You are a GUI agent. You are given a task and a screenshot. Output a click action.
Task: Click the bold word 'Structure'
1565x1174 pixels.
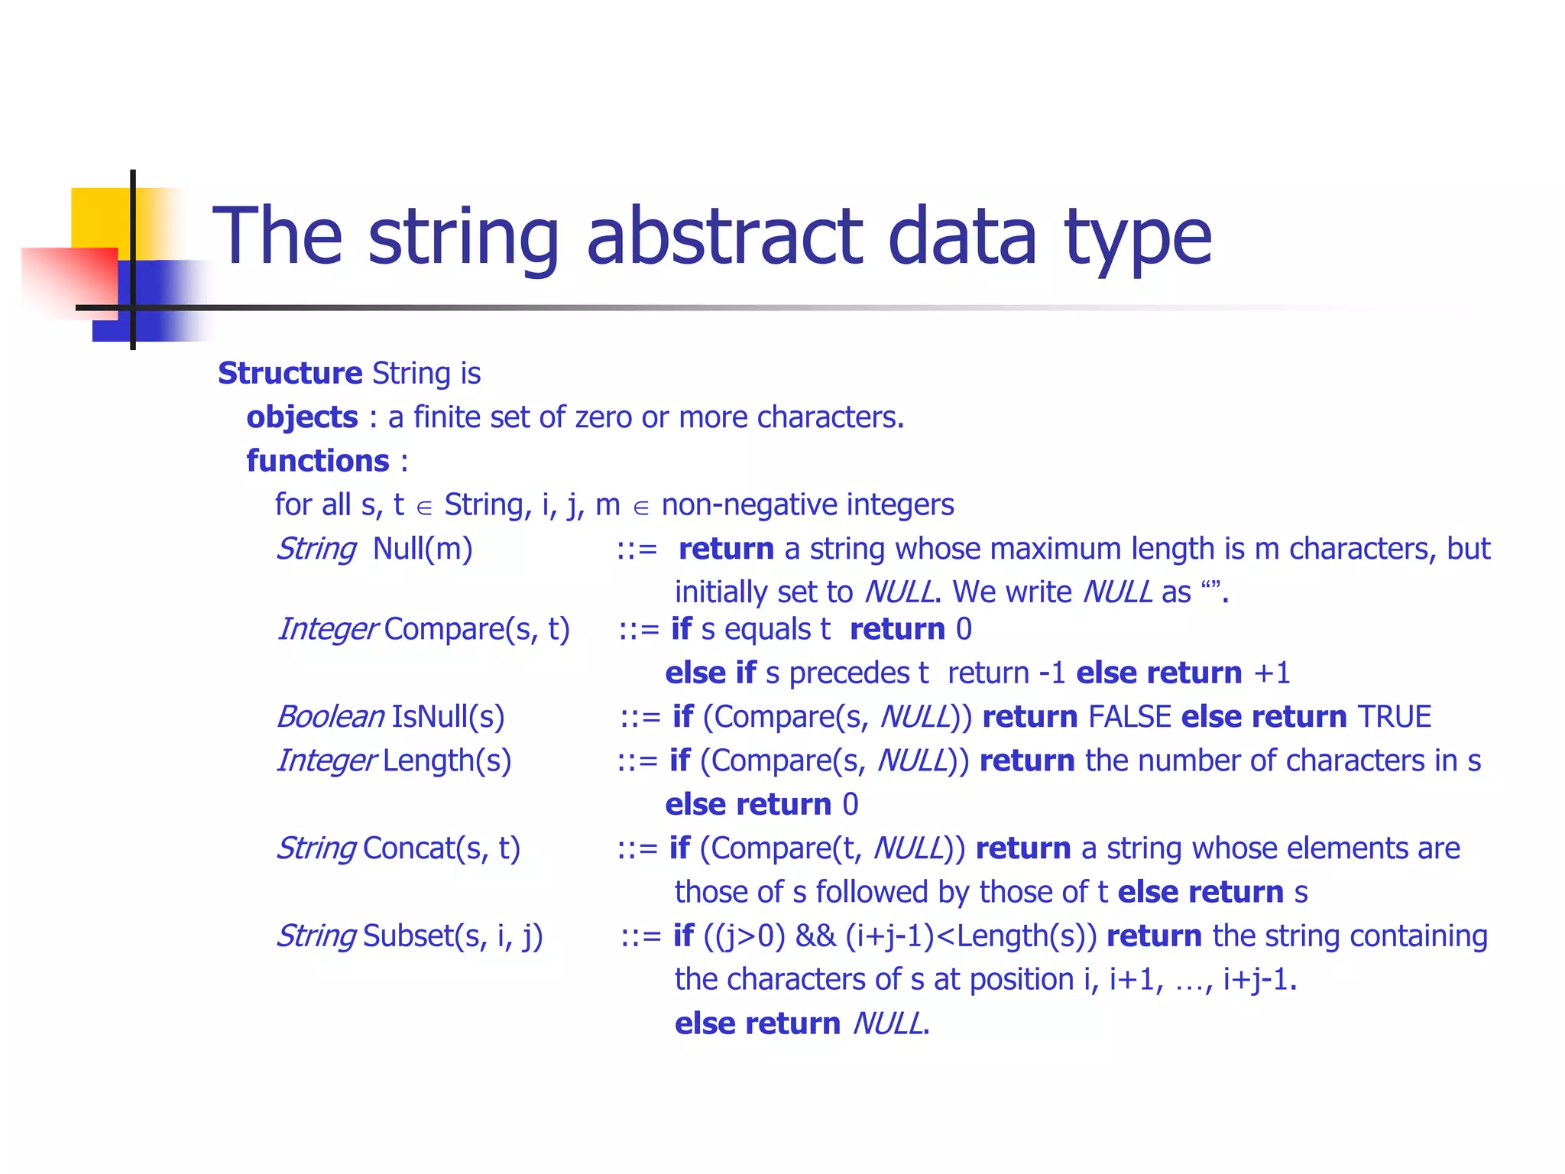coord(290,373)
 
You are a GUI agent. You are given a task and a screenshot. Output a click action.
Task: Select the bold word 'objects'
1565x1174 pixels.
coord(302,417)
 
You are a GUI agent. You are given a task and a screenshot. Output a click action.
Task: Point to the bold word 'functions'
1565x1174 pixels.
coord(318,461)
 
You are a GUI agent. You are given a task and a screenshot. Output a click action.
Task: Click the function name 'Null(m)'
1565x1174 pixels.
coord(423,549)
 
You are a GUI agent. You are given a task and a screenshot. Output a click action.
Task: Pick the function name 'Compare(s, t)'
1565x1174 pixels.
coord(477,629)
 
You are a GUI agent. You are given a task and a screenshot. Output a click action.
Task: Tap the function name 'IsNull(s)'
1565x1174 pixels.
coord(448,717)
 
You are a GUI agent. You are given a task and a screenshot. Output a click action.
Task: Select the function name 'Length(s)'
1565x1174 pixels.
coord(447,761)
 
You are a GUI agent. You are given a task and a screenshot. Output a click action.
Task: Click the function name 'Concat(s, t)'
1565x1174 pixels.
coord(442,848)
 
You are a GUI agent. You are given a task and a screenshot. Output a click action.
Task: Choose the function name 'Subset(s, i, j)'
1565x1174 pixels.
coord(452,936)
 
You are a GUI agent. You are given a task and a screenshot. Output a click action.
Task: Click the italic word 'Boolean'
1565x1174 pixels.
coord(330,717)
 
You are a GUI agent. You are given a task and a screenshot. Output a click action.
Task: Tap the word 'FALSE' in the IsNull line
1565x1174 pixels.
coord(1129,717)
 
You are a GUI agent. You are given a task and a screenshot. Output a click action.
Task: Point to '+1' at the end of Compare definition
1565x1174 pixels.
coord(1272,673)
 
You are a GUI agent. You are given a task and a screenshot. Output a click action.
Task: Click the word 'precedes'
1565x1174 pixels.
coord(849,673)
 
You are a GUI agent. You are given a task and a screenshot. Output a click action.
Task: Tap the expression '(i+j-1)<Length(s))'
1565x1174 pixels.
coord(971,936)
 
